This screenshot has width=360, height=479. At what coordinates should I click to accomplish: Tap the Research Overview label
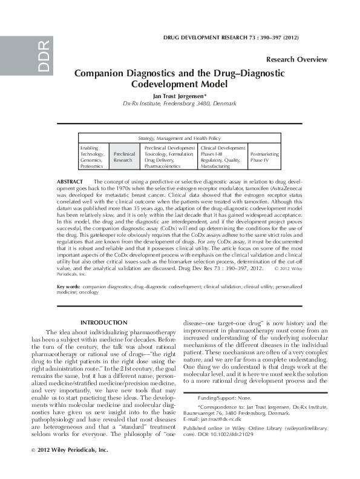pyautogui.click(x=296, y=59)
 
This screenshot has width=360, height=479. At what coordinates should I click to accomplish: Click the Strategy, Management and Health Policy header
pyautogui.click(x=180, y=138)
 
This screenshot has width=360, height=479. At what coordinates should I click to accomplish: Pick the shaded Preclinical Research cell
pyautogui.click(x=124, y=157)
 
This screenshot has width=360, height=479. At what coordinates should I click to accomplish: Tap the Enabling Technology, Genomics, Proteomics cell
pyautogui.click(x=94, y=156)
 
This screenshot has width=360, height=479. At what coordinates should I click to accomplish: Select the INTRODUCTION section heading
pyautogui.click(x=104, y=322)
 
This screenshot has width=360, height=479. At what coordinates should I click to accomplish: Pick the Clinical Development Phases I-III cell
pyautogui.click(x=222, y=156)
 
